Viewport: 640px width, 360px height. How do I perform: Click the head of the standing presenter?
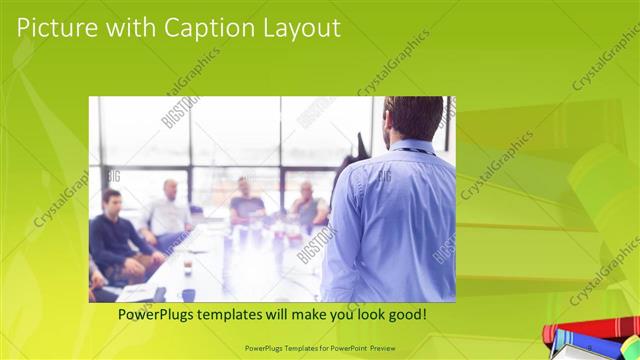click(406, 118)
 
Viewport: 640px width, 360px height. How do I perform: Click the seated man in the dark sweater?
click(115, 235)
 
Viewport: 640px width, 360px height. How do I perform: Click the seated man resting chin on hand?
click(305, 205)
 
